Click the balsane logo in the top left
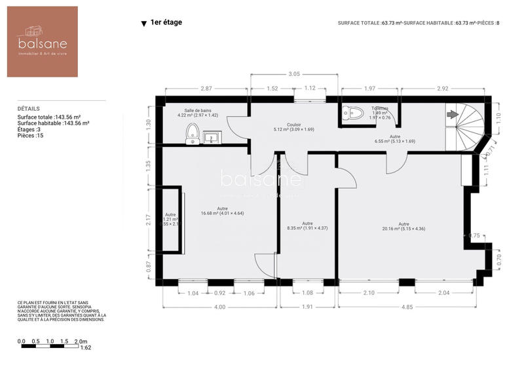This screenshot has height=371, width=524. [43, 42]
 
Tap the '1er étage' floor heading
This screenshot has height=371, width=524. [166, 22]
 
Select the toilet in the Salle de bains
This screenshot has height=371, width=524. [193, 133]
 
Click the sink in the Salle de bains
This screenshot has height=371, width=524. [213, 137]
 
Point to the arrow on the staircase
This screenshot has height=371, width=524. [453, 114]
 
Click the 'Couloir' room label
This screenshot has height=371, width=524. [294, 125]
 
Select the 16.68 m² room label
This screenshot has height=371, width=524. [222, 211]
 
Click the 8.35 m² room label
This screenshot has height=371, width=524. [307, 225]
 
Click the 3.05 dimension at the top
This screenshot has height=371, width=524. [295, 75]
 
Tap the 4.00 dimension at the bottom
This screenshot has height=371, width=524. [219, 307]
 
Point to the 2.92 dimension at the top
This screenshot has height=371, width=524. [442, 88]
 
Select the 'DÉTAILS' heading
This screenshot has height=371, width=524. [29, 109]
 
